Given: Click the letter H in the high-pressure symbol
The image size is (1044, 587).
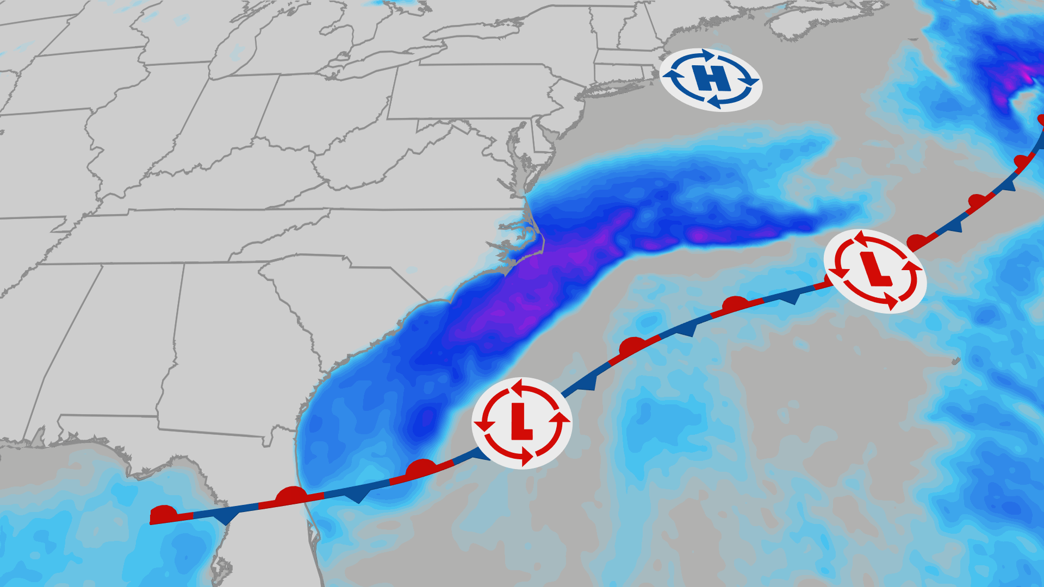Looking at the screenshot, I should tap(711, 79).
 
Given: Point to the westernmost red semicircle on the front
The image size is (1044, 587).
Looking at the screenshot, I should tap(163, 513).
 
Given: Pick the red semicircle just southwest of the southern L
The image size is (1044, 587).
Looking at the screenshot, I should tap(421, 467).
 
